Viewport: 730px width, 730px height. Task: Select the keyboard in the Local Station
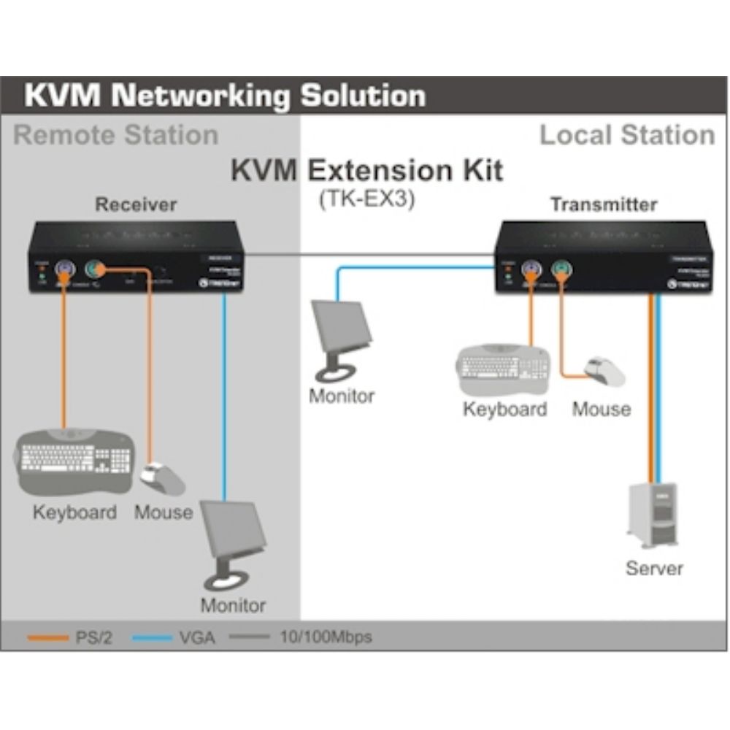(504, 369)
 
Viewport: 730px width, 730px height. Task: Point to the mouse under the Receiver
(162, 478)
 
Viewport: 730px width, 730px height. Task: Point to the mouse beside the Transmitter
(606, 372)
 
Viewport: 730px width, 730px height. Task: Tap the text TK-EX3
(366, 200)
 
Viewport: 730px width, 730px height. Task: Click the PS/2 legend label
(93, 637)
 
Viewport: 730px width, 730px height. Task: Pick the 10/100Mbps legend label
(326, 637)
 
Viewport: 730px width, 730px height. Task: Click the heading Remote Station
(116, 135)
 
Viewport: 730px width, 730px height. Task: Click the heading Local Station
(626, 135)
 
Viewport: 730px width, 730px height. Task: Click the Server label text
(654, 568)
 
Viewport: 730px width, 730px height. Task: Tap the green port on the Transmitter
(561, 270)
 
